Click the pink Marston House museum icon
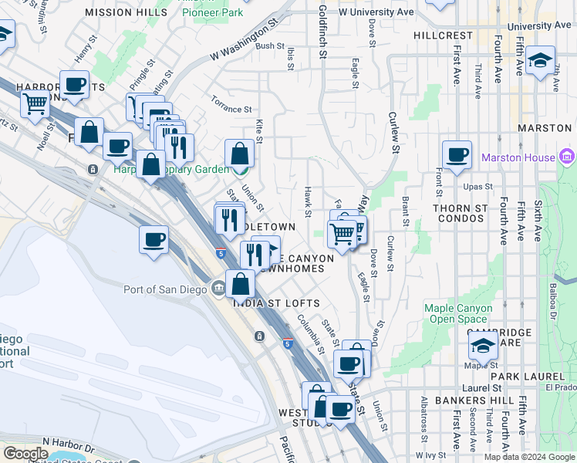567,157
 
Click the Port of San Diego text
165,289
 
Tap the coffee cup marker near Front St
457,153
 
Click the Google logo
25,454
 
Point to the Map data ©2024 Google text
529,457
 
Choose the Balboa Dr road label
553,301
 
